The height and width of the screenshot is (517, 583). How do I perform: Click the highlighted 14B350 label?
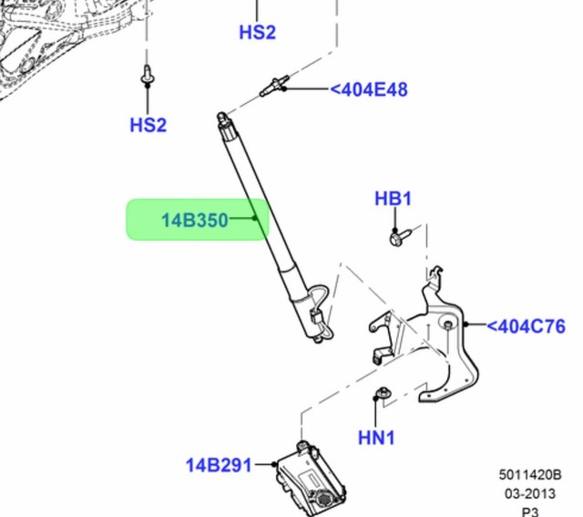click(x=195, y=220)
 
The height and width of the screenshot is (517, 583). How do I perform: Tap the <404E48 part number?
click(x=368, y=89)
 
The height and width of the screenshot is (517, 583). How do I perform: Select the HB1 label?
click(x=394, y=199)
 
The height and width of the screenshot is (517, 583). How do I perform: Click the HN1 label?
click(x=376, y=438)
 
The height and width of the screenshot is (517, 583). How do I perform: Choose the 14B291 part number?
click(x=219, y=465)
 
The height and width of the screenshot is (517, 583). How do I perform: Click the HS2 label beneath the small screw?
click(x=148, y=125)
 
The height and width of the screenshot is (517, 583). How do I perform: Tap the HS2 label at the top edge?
click(x=257, y=32)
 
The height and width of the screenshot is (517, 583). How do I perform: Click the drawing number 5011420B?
click(x=529, y=475)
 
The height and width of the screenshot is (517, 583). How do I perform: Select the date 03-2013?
click(x=529, y=492)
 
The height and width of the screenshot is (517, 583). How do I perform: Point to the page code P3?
click(x=529, y=511)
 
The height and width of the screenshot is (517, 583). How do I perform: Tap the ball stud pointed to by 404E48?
click(x=272, y=88)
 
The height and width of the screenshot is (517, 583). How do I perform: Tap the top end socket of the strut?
click(x=221, y=119)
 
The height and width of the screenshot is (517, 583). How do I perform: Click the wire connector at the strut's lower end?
click(x=317, y=320)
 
